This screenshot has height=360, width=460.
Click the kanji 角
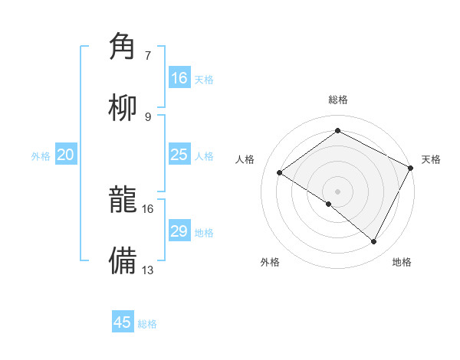(123, 47)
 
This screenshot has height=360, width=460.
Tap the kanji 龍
(123, 201)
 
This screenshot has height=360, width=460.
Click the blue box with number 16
(179, 78)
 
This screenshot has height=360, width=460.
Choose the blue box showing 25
(179, 155)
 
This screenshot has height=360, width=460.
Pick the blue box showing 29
(179, 231)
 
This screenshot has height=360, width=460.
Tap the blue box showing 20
(66, 155)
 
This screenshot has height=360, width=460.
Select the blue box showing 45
(123, 322)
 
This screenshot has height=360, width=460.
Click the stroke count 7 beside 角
(148, 56)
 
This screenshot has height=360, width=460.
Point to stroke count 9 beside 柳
(148, 117)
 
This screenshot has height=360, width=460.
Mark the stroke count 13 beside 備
(148, 270)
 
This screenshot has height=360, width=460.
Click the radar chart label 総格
(337, 100)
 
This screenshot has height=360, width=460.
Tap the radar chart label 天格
(431, 159)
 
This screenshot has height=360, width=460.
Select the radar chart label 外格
(270, 262)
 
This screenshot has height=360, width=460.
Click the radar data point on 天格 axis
(410, 168)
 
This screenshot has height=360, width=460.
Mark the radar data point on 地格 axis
(374, 241)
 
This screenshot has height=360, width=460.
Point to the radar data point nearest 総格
(337, 131)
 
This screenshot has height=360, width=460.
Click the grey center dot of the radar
(337, 191)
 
